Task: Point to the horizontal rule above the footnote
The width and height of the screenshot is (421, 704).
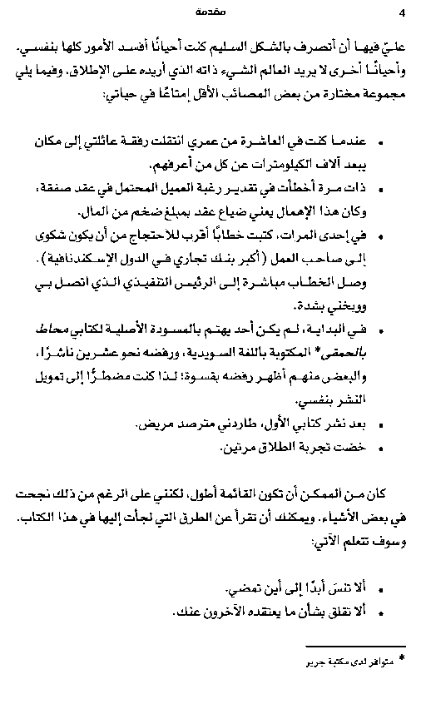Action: pyautogui.click(x=366, y=647)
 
